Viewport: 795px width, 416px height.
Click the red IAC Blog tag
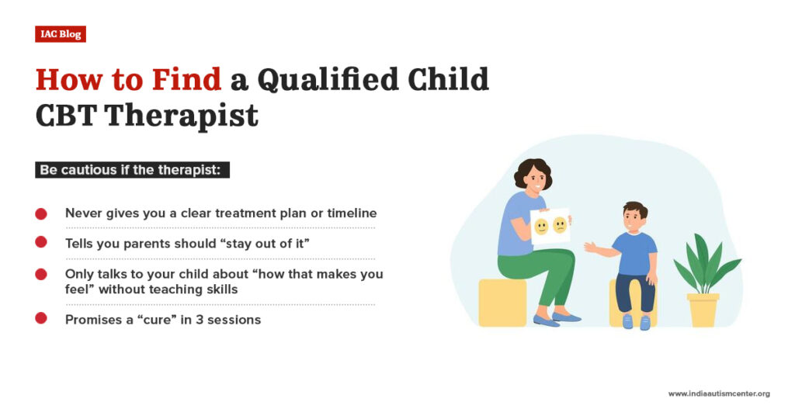point(60,34)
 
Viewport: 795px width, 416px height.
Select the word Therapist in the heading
point(180,116)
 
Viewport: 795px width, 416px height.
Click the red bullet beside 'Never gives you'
point(41,213)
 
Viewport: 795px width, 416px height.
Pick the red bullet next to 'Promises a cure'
point(41,319)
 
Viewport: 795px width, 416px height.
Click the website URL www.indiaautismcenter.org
point(719,393)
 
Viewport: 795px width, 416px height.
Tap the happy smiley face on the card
point(541,227)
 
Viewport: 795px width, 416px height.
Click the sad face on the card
point(560,226)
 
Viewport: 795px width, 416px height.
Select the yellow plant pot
point(703,309)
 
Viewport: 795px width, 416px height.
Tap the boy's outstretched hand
point(590,248)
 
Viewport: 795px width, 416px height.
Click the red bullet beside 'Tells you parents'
point(41,243)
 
